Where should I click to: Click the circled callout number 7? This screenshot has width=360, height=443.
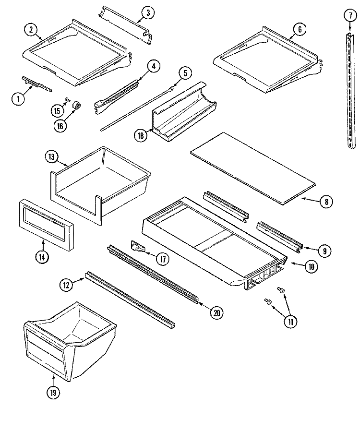350,15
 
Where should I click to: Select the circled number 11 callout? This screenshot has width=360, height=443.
290,321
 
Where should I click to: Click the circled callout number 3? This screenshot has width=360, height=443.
148,12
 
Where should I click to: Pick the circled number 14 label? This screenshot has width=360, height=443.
42,257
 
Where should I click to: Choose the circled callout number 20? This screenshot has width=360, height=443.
217,313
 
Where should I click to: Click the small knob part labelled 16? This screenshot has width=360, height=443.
77,106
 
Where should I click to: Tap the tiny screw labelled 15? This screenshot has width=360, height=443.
67,99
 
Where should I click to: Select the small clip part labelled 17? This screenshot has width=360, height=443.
138,246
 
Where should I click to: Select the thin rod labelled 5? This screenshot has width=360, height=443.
137,109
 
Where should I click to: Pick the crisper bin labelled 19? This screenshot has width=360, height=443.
70,342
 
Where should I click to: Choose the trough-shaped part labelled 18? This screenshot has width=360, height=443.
184,112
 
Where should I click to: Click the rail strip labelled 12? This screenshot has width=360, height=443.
130,300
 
